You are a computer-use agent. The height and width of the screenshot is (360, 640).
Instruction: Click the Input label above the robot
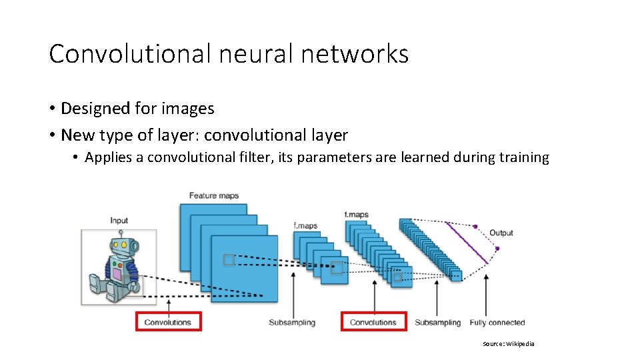pyautogui.click(x=119, y=221)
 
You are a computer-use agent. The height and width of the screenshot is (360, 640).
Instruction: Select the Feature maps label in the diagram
pyautogui.click(x=213, y=195)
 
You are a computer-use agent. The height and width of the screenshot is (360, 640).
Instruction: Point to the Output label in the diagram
pyautogui.click(x=501, y=233)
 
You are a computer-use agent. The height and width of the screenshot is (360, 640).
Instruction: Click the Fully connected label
pyautogui.click(x=497, y=323)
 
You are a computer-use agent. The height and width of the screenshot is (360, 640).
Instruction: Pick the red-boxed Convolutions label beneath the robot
pyautogui.click(x=168, y=323)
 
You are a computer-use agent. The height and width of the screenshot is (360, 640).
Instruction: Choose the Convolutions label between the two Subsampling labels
pyautogui.click(x=373, y=323)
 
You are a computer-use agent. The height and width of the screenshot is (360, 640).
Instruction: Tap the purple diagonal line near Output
pyautogui.click(x=467, y=243)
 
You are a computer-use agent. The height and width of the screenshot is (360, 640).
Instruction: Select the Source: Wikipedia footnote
pyautogui.click(x=509, y=344)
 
